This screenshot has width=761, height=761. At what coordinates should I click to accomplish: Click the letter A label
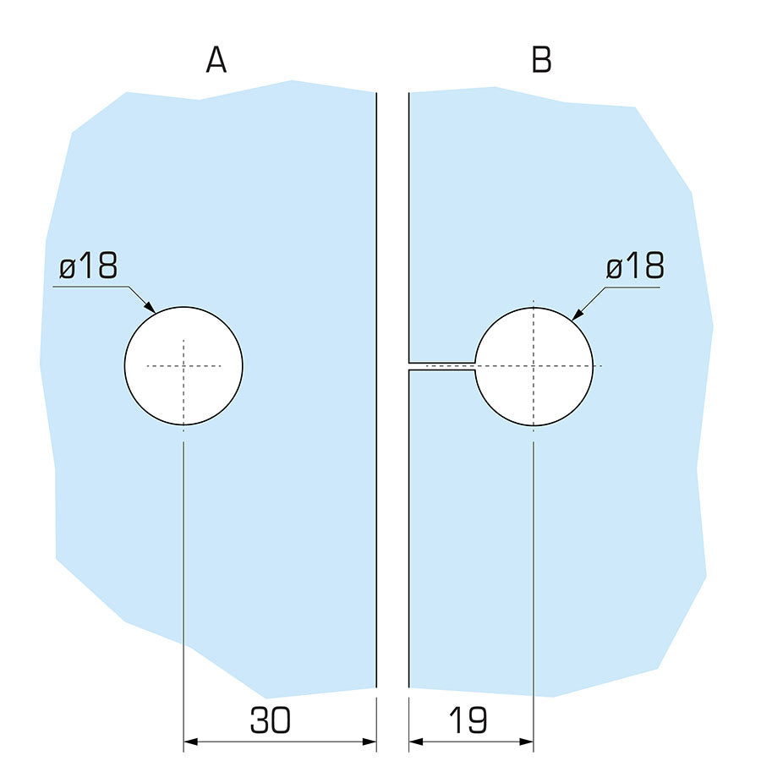(216, 60)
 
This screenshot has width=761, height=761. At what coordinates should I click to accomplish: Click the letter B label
(541, 60)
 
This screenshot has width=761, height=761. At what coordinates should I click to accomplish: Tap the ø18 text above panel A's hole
(88, 267)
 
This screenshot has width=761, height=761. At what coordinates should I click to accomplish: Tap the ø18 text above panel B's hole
(635, 267)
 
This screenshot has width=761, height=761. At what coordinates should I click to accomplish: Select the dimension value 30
(271, 720)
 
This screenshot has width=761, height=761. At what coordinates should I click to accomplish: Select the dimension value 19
(468, 720)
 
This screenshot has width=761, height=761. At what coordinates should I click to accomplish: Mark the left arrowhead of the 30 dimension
(191, 742)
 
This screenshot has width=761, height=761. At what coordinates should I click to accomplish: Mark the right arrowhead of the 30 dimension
(369, 742)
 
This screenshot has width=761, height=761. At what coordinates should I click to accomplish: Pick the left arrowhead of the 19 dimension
(416, 742)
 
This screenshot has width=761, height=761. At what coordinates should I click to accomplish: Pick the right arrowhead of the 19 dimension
(527, 742)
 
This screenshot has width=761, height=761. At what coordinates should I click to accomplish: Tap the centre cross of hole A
(183, 365)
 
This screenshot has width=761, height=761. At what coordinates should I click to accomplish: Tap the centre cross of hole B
(534, 365)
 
